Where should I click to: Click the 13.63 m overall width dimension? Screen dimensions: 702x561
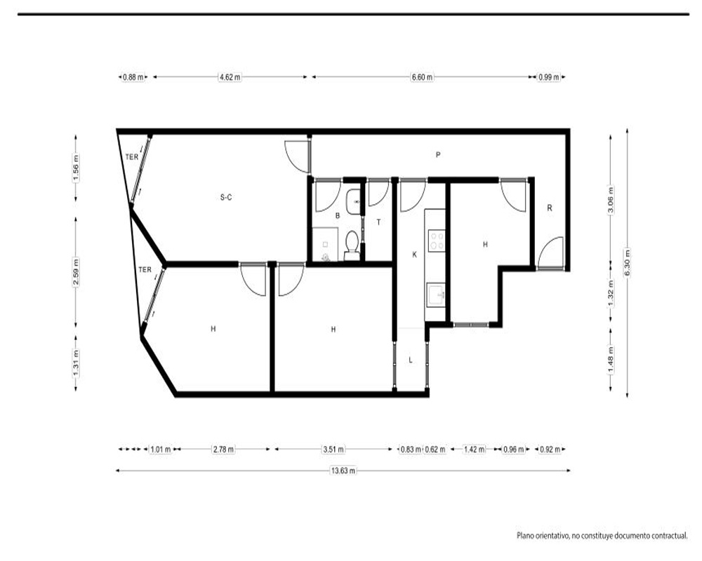[343, 471]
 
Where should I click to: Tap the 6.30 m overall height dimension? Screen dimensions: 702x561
[627, 263]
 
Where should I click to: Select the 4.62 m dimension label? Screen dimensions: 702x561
[230, 77]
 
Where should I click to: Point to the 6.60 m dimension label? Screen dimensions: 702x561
[422, 77]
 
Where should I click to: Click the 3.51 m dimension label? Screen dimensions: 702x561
[333, 450]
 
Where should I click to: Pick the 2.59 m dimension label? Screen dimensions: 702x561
[76, 271]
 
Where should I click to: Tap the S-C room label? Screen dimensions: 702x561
[226, 197]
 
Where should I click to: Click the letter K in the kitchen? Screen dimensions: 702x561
[415, 255]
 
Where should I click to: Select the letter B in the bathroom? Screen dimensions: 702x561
[338, 215]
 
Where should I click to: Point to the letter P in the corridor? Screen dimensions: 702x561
[438, 155]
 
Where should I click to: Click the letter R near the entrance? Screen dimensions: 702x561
[550, 208]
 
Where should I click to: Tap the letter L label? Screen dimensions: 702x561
[411, 360]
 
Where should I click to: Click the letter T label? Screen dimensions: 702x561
[379, 222]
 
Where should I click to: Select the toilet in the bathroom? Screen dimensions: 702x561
[352, 245]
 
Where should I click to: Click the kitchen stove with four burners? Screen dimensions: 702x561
[437, 241]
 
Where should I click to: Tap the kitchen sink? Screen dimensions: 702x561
[436, 295]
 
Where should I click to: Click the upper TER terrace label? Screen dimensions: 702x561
[132, 157]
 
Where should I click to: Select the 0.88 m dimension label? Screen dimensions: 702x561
[133, 77]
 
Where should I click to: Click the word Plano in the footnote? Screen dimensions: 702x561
[525, 535]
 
